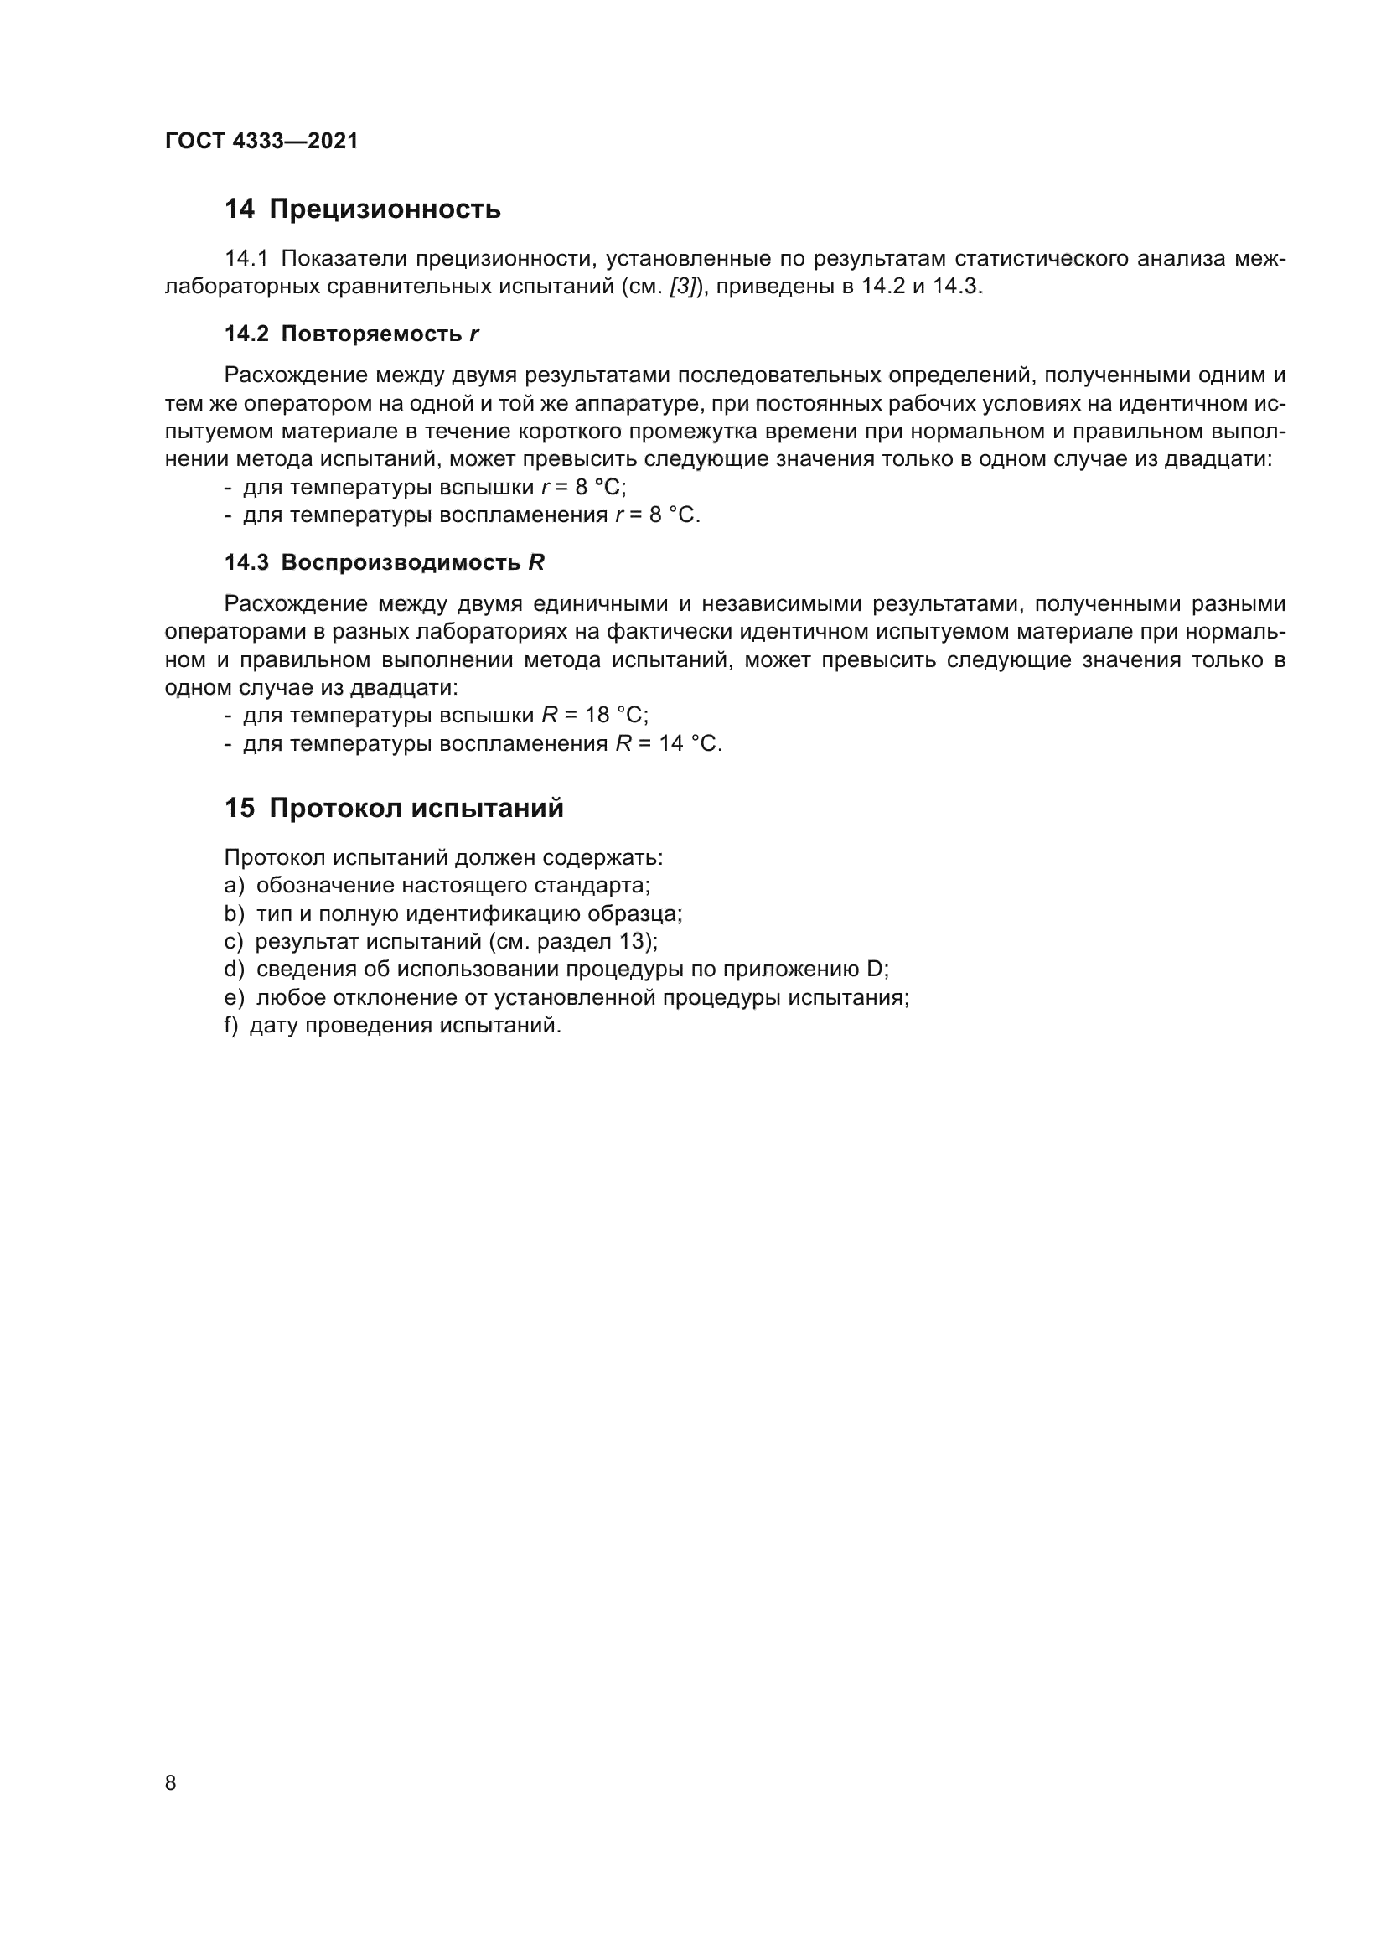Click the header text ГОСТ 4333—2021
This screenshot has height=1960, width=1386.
click(x=261, y=142)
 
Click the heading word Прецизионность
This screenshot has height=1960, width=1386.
click(x=385, y=209)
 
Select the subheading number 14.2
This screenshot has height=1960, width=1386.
click(x=246, y=334)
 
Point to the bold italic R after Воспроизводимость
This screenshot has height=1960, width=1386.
click(x=536, y=563)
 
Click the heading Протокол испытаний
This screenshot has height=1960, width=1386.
click(x=416, y=809)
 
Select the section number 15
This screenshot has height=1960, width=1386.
click(x=239, y=809)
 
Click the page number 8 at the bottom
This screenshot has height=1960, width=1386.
click(x=171, y=1783)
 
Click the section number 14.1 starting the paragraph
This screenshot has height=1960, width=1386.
click(x=246, y=259)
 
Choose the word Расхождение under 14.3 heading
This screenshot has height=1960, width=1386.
click(x=294, y=604)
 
